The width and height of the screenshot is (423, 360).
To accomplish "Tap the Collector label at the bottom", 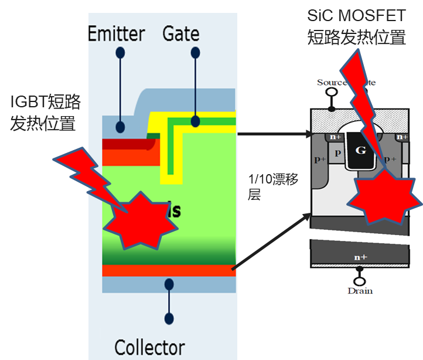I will [149, 348].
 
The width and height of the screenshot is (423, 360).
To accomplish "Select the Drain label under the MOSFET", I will [360, 291].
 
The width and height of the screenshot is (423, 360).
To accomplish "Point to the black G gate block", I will [361, 150].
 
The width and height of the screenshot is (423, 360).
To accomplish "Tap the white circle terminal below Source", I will [332, 93].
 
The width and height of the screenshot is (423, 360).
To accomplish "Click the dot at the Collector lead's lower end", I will [169, 319].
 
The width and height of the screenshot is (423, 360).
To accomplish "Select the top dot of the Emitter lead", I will [120, 53].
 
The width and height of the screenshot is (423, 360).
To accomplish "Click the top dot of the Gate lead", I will [195, 53].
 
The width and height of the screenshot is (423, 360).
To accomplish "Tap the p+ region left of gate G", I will [318, 159].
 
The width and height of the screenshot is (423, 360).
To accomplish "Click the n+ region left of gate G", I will [336, 138].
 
